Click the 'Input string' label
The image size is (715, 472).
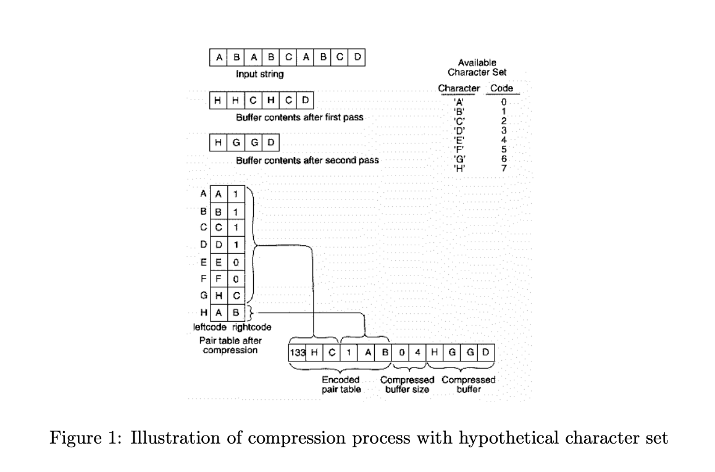(260, 74)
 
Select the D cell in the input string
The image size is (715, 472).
(358, 58)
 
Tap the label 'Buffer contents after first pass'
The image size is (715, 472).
(299, 117)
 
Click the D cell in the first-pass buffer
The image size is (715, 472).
(306, 100)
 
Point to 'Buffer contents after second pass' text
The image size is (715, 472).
(307, 161)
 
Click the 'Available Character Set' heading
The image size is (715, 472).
(477, 67)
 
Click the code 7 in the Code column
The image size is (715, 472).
(503, 169)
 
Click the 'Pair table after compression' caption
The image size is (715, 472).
(230, 345)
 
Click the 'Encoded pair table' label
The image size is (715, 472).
(341, 385)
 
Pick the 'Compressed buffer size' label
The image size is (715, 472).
(407, 385)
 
